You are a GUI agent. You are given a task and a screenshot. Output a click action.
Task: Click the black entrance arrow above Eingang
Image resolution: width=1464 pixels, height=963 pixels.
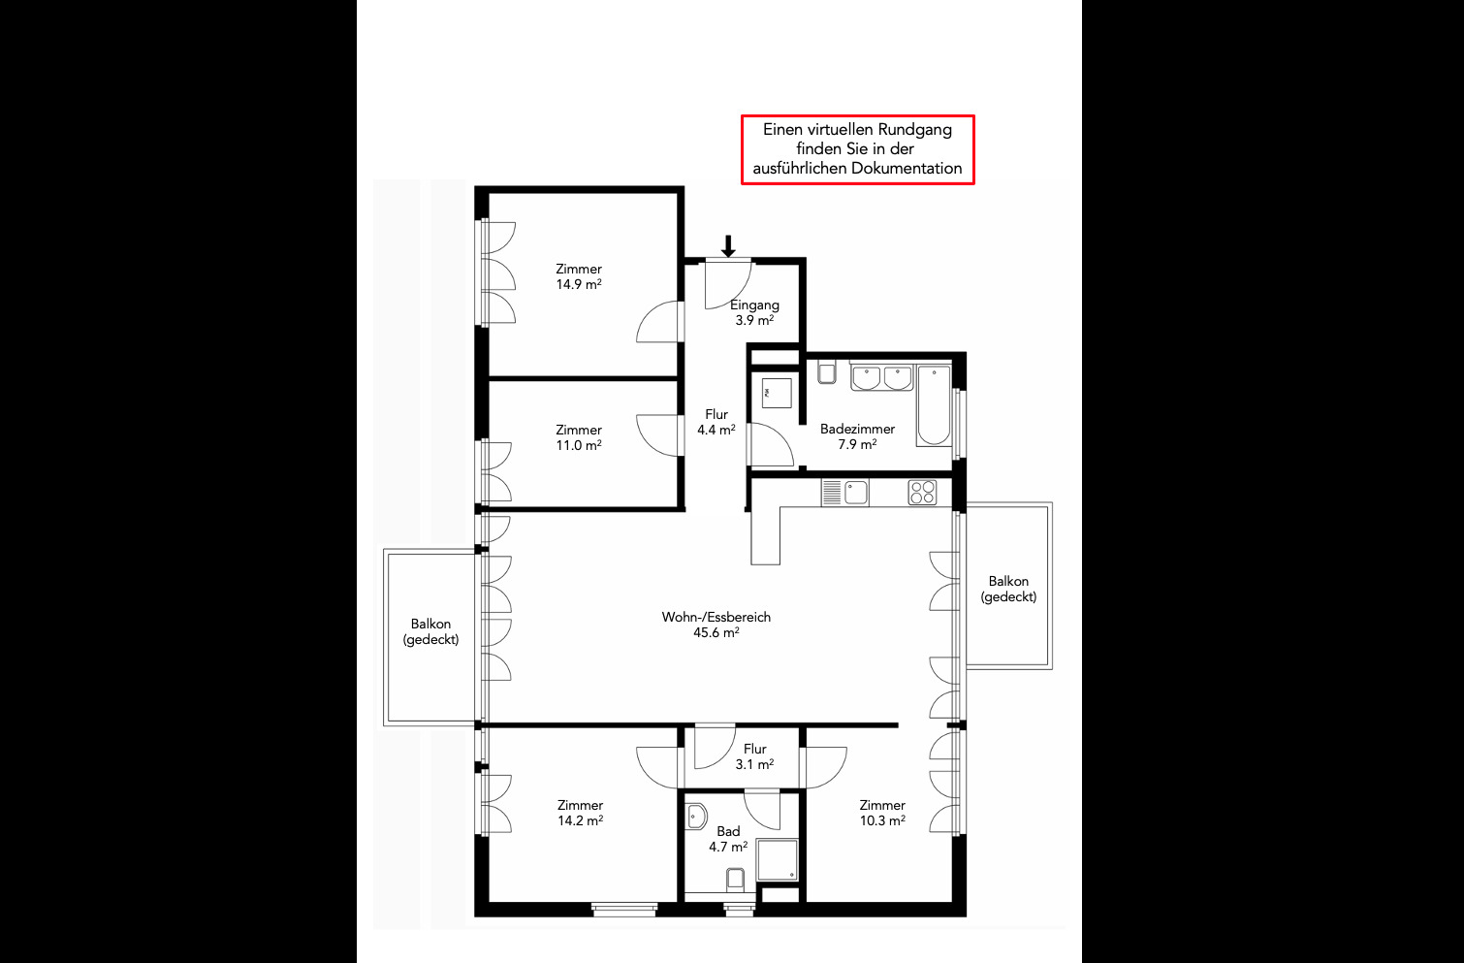click(x=728, y=245)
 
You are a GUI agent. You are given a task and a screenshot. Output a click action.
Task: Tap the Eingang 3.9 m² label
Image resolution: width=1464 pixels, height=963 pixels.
click(x=754, y=312)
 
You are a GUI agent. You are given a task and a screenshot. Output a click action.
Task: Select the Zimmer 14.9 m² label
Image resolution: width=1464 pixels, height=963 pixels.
click(x=579, y=276)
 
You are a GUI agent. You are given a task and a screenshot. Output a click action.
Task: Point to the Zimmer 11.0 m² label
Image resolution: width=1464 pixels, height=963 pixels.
click(x=579, y=437)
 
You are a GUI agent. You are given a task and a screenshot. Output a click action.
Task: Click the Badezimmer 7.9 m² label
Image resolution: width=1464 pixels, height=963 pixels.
click(x=857, y=436)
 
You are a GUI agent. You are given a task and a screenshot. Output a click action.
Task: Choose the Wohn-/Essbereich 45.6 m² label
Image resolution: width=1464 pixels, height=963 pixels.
click(x=716, y=625)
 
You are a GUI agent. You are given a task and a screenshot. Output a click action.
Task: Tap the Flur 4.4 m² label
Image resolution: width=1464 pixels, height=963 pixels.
click(x=716, y=422)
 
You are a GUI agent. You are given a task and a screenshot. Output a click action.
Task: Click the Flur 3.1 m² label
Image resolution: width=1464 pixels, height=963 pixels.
click(x=755, y=756)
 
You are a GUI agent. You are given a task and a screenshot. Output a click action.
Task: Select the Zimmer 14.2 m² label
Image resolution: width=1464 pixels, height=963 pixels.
click(x=580, y=813)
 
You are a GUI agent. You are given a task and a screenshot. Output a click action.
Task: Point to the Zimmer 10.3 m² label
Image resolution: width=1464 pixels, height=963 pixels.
click(x=882, y=813)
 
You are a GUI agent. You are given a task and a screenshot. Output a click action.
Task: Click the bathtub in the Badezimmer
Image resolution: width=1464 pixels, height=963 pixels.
click(x=934, y=406)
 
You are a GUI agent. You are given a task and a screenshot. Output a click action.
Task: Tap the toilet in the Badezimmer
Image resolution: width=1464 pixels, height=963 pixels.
click(x=827, y=371)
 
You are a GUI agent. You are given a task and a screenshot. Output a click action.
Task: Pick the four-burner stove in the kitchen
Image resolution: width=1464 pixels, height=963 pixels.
click(x=922, y=493)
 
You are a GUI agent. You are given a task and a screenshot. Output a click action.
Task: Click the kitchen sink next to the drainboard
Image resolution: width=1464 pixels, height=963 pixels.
click(x=855, y=493)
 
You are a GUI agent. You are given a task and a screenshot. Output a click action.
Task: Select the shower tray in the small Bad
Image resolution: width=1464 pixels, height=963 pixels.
click(x=778, y=859)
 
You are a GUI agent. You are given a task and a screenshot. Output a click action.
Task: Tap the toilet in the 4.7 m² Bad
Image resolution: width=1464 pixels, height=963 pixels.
click(x=735, y=880)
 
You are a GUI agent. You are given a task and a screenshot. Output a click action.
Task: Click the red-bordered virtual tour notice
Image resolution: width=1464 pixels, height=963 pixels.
click(x=857, y=149)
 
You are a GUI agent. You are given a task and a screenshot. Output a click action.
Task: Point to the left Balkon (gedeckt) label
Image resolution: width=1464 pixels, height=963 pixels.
click(x=430, y=631)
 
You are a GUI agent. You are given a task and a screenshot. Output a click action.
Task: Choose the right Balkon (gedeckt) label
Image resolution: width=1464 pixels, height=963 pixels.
click(x=1008, y=589)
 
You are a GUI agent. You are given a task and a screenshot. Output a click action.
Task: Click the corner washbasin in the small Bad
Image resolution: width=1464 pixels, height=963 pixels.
click(x=696, y=817)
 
